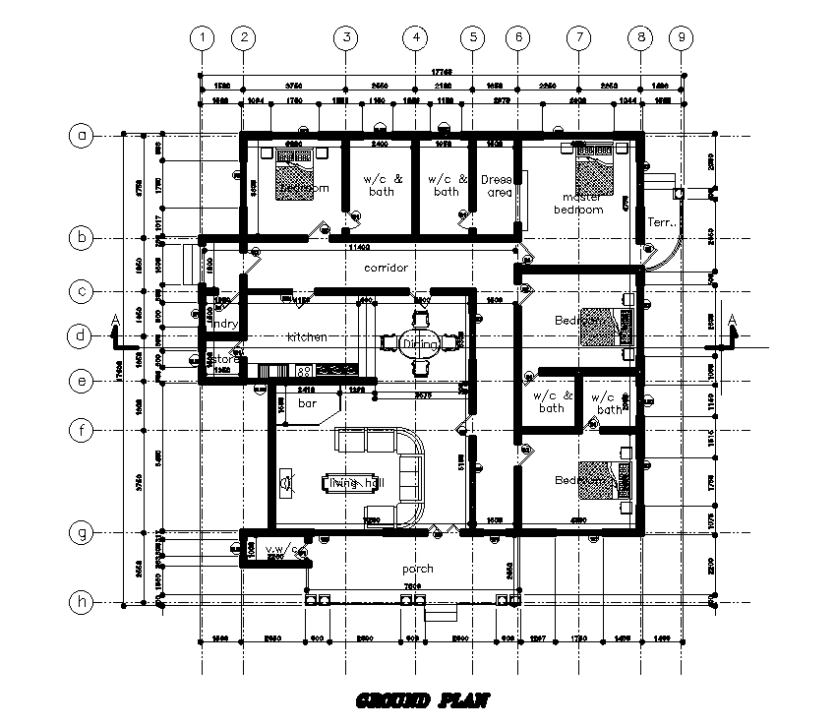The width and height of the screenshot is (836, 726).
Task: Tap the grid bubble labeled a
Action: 82,137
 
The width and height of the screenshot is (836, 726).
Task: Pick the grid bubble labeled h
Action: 82,600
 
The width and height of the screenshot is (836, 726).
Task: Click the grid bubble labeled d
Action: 82,336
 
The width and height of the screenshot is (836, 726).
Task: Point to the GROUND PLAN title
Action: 420,700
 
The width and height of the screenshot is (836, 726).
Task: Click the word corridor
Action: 386,268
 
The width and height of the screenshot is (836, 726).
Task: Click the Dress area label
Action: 498,186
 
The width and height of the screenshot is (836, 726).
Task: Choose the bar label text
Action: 306,403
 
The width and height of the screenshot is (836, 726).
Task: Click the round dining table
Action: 414,342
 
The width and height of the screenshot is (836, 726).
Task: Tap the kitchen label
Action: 306,337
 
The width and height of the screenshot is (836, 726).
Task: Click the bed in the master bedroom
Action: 593,170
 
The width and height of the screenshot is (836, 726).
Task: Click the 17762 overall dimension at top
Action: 442,72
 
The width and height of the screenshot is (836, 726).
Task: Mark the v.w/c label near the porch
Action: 280,549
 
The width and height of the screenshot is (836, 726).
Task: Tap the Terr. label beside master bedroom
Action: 657,222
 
